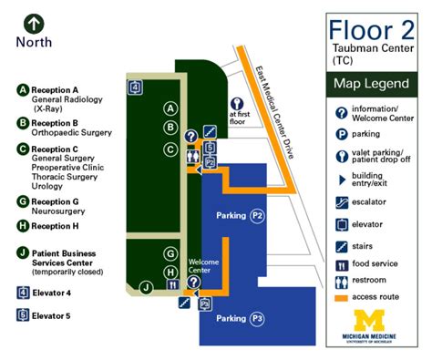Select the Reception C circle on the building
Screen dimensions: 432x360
click(x=170, y=149)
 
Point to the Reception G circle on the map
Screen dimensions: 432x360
click(x=170, y=252)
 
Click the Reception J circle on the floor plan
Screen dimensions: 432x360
click(x=146, y=288)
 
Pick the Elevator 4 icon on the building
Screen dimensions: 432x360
click(x=136, y=87)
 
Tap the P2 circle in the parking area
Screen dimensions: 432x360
click(x=258, y=216)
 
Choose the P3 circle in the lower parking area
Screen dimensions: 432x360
click(x=258, y=319)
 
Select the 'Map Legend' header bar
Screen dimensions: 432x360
click(x=372, y=85)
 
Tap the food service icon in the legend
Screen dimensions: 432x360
click(x=339, y=263)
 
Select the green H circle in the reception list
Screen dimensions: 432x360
click(x=22, y=225)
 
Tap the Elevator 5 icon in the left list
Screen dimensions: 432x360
click(x=22, y=315)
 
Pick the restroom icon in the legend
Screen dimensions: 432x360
click(x=339, y=281)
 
